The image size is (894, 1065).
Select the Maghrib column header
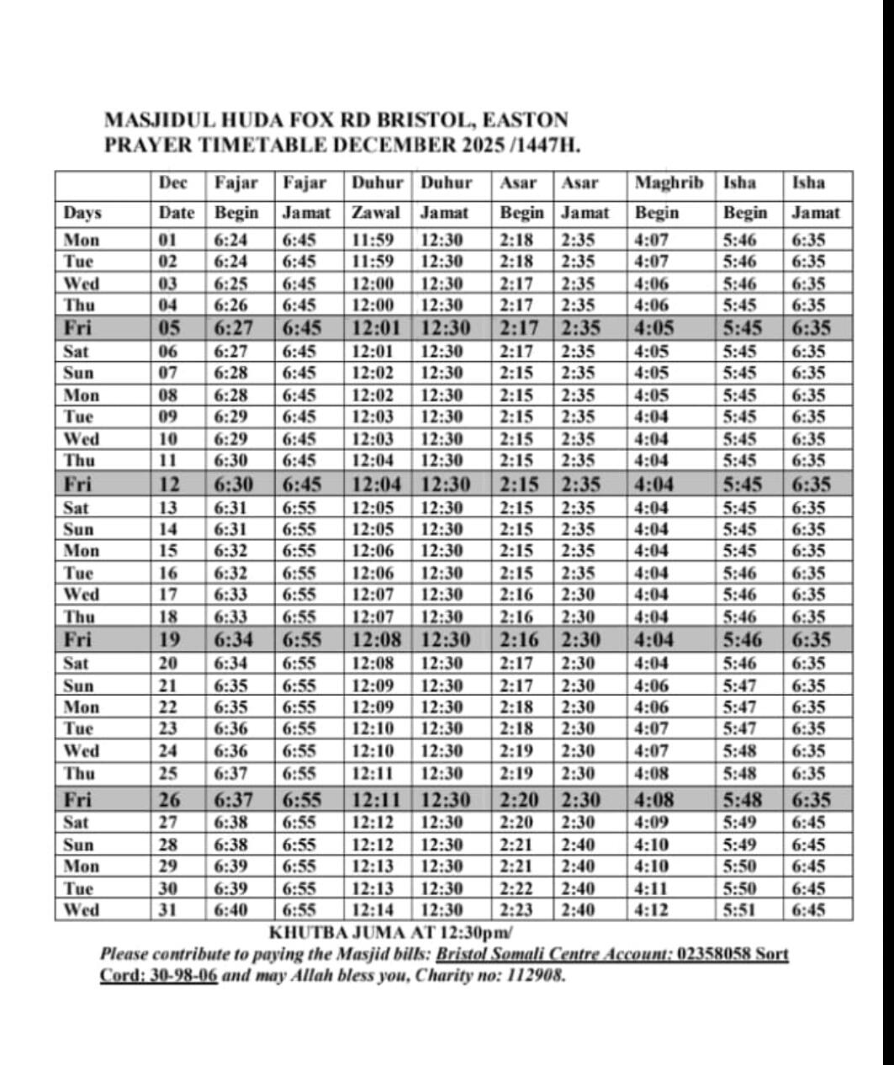click(x=669, y=183)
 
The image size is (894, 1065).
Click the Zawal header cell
click(x=375, y=213)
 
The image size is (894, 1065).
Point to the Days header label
click(x=82, y=213)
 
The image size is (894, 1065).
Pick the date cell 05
click(x=170, y=328)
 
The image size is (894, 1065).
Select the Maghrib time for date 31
click(x=648, y=909)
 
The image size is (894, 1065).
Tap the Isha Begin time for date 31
click(x=739, y=909)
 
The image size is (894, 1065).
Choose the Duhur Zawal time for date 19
click(x=376, y=639)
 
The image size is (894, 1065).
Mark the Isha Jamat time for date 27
click(x=808, y=822)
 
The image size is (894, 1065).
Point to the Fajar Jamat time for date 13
click(x=299, y=507)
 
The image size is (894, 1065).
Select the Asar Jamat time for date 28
click(x=579, y=845)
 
